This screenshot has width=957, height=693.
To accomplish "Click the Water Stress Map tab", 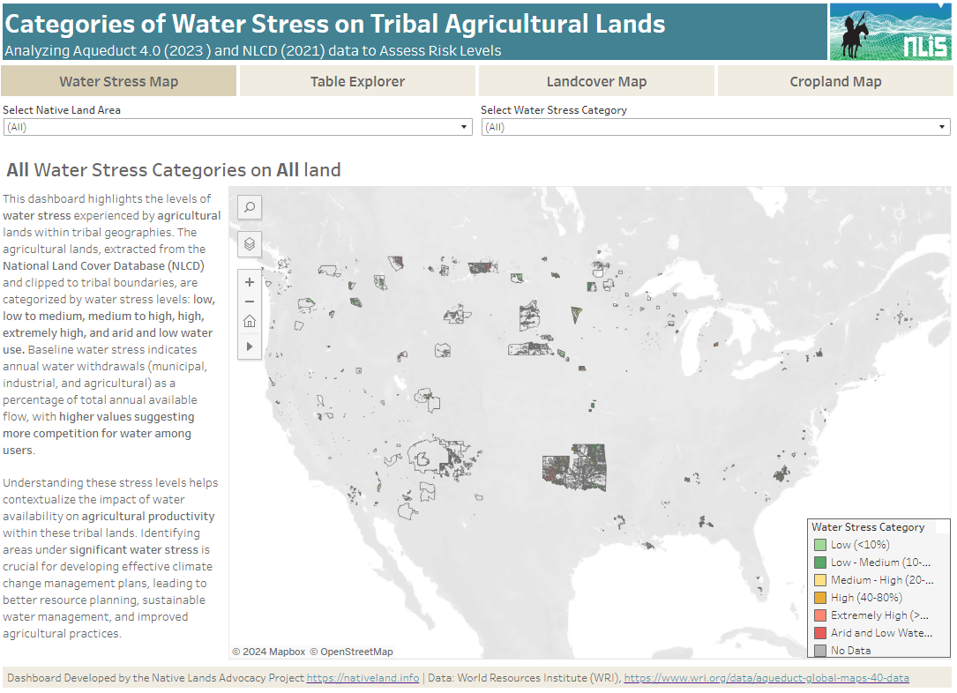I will [x=118, y=81].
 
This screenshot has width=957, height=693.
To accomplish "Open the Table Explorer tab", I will [x=357, y=81].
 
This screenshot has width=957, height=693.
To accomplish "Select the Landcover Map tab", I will [x=596, y=81].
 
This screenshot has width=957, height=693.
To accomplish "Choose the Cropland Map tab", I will [x=835, y=81].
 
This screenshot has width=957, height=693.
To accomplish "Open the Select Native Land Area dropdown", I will [x=237, y=127].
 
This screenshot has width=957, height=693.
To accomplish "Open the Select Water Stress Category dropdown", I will [x=715, y=127].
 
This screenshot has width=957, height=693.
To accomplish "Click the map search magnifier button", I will [x=250, y=207].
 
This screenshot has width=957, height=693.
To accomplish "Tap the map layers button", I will [x=250, y=243].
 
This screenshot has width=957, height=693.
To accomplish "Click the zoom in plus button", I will [x=250, y=282].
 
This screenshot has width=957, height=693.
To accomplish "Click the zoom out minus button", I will [x=250, y=302].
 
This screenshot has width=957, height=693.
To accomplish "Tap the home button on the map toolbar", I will [x=250, y=321].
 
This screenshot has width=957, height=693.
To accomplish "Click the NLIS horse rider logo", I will [x=890, y=31].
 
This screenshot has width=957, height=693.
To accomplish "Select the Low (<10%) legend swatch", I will [x=819, y=545].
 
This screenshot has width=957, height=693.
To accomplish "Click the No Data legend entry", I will [x=850, y=651].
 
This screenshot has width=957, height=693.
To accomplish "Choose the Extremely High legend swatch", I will [x=819, y=615].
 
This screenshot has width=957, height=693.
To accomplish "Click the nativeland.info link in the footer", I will [x=363, y=678].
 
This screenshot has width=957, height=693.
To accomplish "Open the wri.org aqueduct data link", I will [x=766, y=678].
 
